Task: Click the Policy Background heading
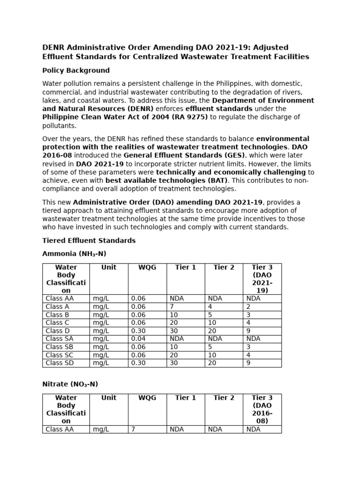76,70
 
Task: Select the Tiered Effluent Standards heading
89,240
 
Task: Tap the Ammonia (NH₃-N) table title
74,254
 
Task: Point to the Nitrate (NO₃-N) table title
70,384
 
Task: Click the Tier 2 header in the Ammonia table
224,267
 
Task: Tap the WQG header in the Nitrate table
147,397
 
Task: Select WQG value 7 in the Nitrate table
133,429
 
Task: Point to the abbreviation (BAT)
213,180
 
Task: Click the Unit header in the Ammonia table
109,267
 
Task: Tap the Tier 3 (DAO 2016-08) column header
262,409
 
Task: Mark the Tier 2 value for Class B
210,315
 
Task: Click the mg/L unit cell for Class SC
101,355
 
